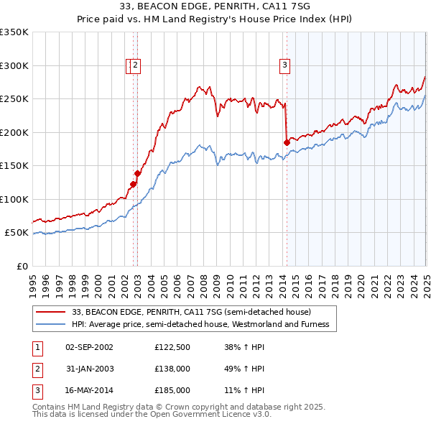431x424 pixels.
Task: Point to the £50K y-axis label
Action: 16,233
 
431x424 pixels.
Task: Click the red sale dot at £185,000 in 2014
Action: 287,142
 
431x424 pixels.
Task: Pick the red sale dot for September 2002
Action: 133,184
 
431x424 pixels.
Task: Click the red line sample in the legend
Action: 50,312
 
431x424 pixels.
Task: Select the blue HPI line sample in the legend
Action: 50,324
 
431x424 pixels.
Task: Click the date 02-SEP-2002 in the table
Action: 89,347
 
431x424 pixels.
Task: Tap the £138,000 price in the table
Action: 172,369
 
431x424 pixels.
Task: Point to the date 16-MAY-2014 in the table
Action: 89,390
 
